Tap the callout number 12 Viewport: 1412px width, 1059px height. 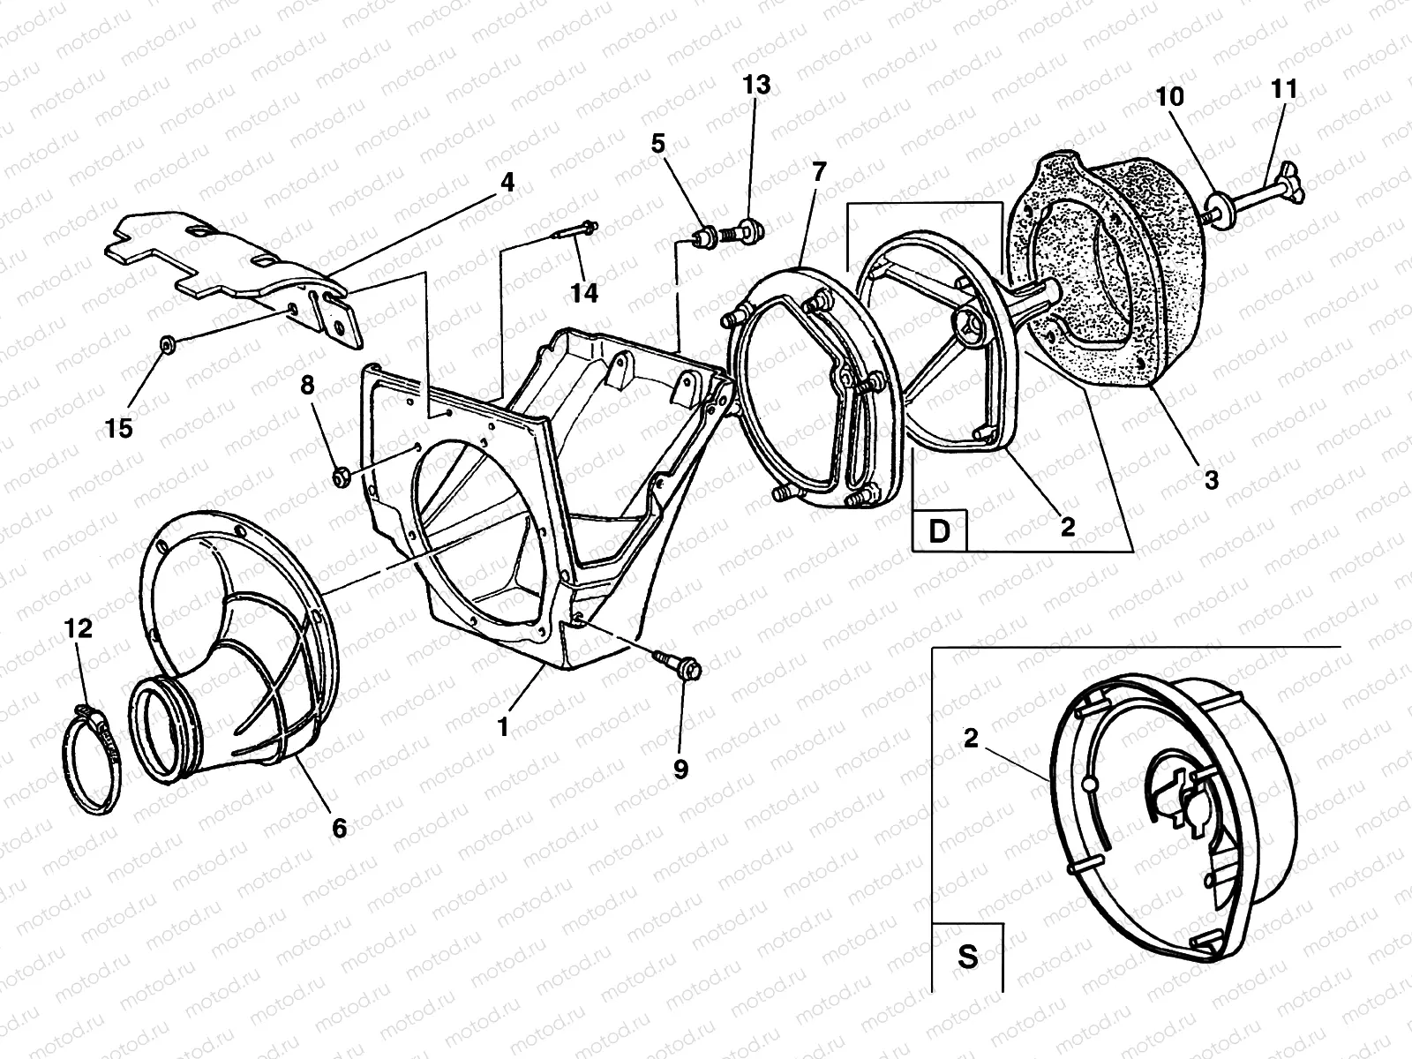[x=78, y=629]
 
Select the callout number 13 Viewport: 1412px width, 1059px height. [x=756, y=85]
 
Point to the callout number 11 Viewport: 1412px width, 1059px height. [x=1284, y=89]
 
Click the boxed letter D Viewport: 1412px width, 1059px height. [x=939, y=531]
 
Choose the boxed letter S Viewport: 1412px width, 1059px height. [x=968, y=957]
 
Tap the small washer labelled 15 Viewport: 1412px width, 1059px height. [x=165, y=342]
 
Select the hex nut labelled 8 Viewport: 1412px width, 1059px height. [x=340, y=477]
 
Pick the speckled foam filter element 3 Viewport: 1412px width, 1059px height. [x=1121, y=291]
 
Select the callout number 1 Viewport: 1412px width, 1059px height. [x=503, y=727]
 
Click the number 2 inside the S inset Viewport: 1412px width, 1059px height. [x=971, y=740]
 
